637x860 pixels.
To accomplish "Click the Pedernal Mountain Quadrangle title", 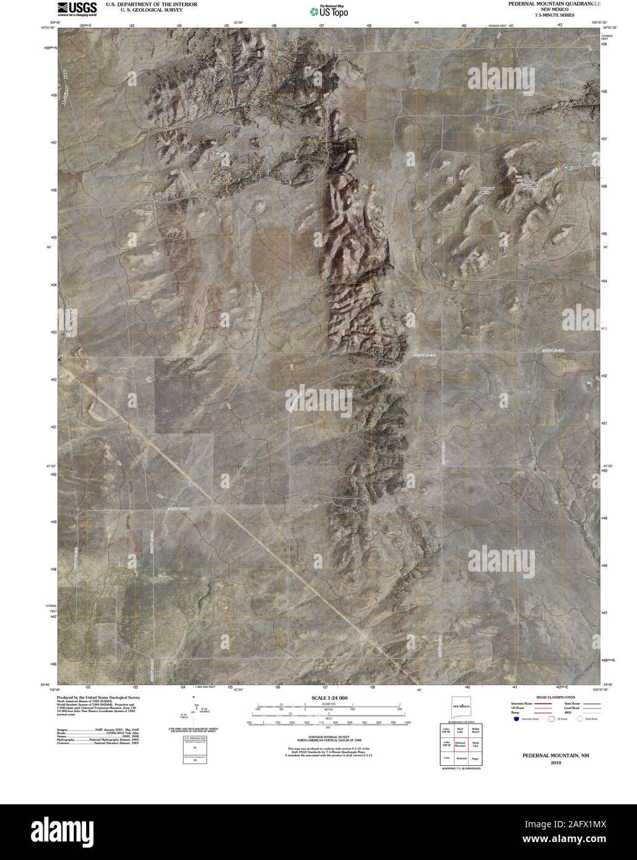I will click(554, 4).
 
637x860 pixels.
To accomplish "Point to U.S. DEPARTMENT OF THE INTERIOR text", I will click(152, 4).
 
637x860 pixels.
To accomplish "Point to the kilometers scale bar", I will click(328, 706).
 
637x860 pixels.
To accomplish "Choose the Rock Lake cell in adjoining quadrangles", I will click(460, 730).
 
